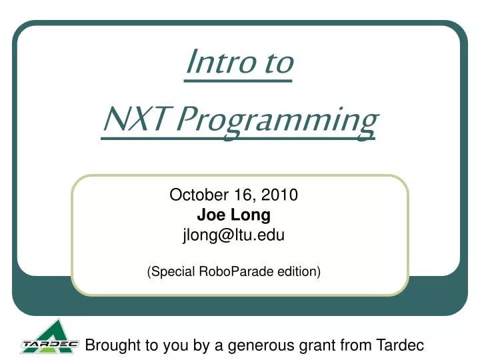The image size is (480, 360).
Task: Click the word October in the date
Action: (194, 195)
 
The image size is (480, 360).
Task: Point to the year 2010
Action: (281, 195)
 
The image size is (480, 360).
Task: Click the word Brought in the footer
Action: (112, 345)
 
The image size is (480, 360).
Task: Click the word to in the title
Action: (275, 63)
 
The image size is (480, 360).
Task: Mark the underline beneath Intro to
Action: (238, 81)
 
